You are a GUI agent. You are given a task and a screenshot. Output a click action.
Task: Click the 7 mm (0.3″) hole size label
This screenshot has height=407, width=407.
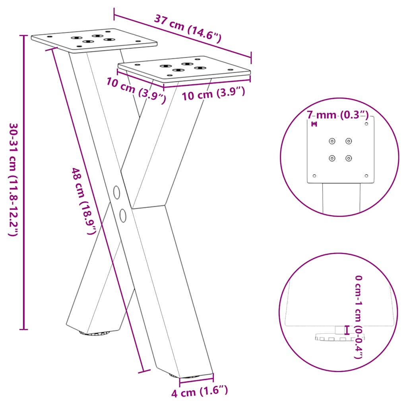tap(338, 115)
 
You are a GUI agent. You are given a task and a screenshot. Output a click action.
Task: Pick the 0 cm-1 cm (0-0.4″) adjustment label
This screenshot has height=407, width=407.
tap(357, 317)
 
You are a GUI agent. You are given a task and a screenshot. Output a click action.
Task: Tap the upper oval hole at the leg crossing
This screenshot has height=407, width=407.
tap(116, 192)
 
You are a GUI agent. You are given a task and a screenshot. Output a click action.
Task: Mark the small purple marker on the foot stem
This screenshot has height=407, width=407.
tap(347, 330)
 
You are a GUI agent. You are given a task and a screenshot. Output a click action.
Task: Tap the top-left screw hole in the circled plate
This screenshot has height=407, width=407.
tap(332, 141)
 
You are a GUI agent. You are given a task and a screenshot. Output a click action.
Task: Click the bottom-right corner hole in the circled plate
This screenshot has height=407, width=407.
tap(366, 176)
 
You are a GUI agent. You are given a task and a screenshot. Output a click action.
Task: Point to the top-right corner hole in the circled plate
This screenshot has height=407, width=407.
tap(366, 124)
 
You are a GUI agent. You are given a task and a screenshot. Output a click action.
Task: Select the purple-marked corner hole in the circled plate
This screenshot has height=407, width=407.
tap(314, 124)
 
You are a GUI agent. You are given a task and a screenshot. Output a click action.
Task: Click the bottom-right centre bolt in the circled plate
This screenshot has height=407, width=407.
tap(349, 158)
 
